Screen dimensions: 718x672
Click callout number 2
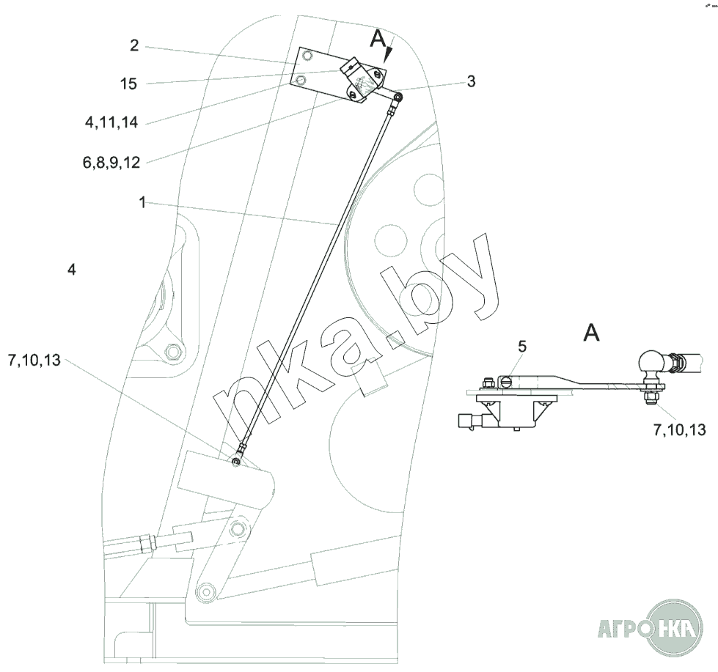pyautogui.click(x=134, y=45)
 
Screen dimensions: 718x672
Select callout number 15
pyautogui.click(x=128, y=84)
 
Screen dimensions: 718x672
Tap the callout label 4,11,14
pyautogui.click(x=111, y=122)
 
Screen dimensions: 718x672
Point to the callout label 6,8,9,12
pyautogui.click(x=111, y=163)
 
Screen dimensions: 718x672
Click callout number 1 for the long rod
pyautogui.click(x=142, y=202)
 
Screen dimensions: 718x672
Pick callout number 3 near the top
pyautogui.click(x=471, y=81)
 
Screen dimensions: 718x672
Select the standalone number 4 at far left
pyautogui.click(x=71, y=270)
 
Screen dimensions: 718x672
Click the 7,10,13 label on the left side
pyautogui.click(x=34, y=361)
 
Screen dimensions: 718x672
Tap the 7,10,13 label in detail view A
pyautogui.click(x=680, y=430)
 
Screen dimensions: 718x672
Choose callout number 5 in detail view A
pyautogui.click(x=522, y=347)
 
